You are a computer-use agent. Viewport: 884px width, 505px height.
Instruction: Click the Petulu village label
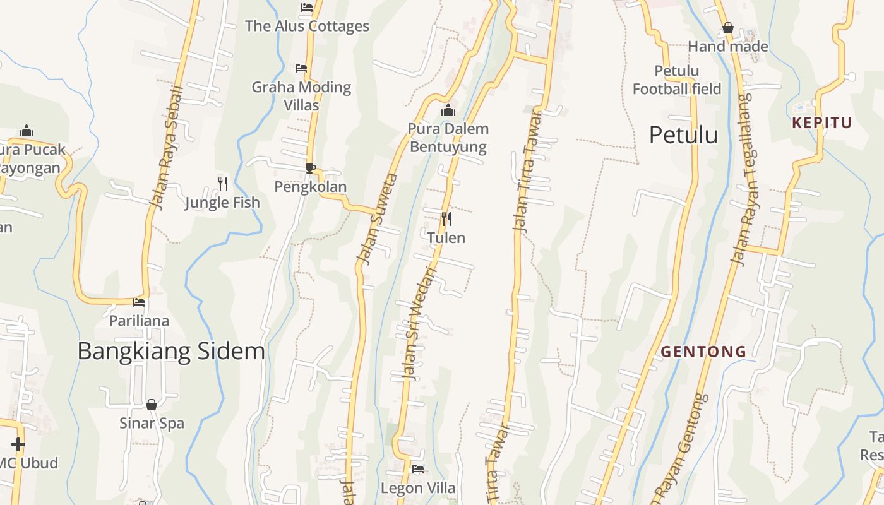click(683, 135)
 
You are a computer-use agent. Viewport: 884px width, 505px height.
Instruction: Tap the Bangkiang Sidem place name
click(170, 351)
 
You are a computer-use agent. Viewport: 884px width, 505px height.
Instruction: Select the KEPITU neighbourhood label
click(822, 122)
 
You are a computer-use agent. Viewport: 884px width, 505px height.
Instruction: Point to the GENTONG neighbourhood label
click(703, 352)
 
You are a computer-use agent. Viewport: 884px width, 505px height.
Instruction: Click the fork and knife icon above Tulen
click(446, 219)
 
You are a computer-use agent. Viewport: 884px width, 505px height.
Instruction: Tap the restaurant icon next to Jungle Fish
click(223, 184)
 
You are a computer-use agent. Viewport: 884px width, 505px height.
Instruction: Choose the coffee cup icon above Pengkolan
click(310, 168)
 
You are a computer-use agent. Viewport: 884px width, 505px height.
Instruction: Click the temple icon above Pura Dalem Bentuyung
click(448, 110)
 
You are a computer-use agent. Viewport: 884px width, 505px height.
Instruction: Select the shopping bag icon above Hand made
click(728, 28)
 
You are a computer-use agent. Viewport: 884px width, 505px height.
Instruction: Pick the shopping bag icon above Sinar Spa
click(152, 405)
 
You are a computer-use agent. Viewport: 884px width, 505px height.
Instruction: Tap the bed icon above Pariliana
click(139, 302)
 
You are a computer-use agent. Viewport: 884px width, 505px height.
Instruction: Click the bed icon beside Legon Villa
click(417, 469)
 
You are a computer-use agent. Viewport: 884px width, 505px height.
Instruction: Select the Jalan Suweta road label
click(377, 218)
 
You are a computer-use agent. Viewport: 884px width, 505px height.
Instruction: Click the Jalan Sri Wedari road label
click(420, 324)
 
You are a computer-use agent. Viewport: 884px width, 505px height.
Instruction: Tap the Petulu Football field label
click(677, 80)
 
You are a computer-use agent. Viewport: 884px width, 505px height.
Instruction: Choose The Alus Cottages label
click(307, 26)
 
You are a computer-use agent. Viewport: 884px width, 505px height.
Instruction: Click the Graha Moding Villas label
click(301, 95)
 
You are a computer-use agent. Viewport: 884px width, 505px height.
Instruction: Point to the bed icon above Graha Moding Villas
click(301, 68)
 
